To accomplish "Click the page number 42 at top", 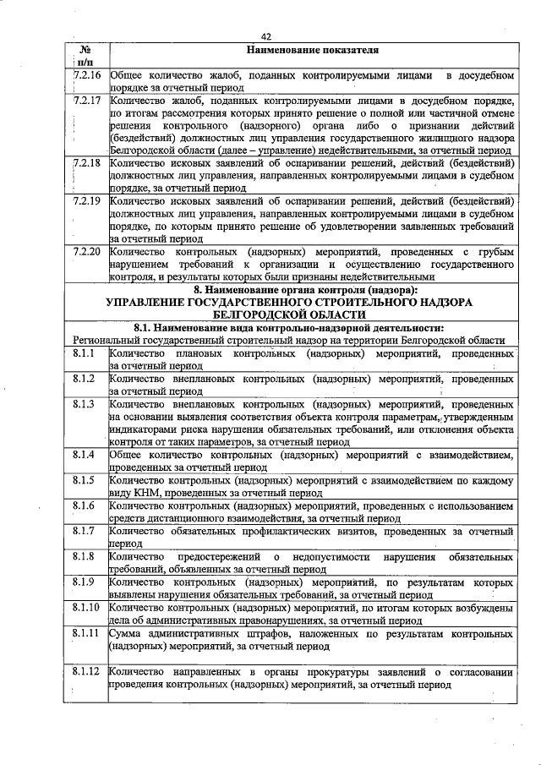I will [x=266, y=36].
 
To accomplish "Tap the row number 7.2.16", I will [x=87, y=75].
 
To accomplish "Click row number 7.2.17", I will [x=87, y=101].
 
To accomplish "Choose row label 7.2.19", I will [x=87, y=200].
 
